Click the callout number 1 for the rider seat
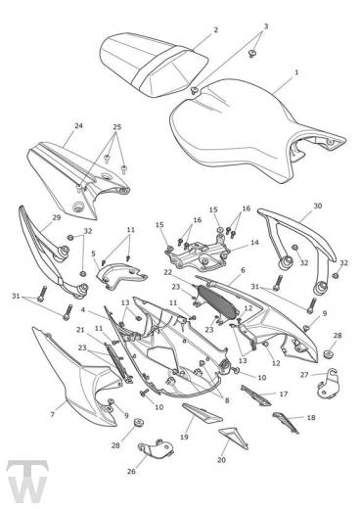coord(296,72)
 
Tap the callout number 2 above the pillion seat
coord(215,30)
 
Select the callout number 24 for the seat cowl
coord(78,125)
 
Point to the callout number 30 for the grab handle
coord(318,206)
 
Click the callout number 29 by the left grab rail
coord(57,217)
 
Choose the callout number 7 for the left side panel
coord(53,414)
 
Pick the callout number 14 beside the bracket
coord(254,243)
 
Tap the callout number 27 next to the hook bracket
coord(304,375)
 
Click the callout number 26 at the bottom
coord(131,471)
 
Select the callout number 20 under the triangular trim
coord(221,460)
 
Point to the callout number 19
coord(184,437)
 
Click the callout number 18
coord(311,417)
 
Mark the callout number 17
coord(284,394)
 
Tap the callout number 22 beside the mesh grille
coord(168,272)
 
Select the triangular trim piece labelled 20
coord(234,438)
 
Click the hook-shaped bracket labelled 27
coord(329,385)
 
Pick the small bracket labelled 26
coord(156,448)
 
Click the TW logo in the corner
coord(27,482)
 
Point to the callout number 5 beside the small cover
coord(94,254)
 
